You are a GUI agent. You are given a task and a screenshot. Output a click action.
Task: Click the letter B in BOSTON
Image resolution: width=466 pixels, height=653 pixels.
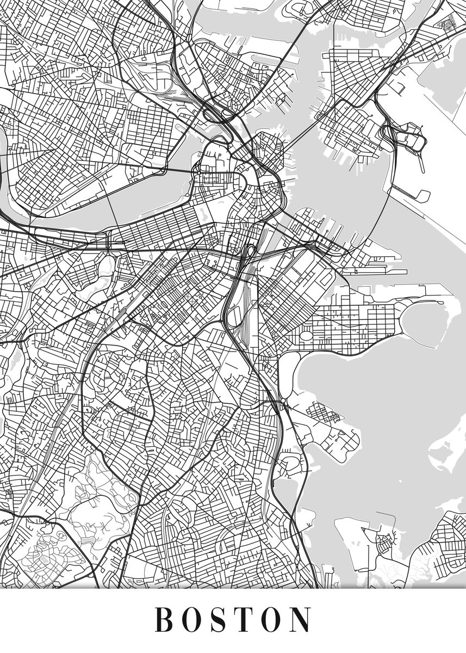[x=164, y=619]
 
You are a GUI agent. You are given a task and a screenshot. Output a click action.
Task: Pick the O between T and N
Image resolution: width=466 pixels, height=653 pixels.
[x=273, y=619]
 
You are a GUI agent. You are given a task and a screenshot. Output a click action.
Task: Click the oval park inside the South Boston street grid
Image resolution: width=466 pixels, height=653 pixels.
[x=306, y=335]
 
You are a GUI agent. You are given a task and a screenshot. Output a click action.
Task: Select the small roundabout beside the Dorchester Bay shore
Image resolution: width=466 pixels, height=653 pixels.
[x=282, y=402]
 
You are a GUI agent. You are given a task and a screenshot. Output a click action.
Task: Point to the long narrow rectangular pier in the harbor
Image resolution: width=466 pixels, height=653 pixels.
[x=375, y=271]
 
